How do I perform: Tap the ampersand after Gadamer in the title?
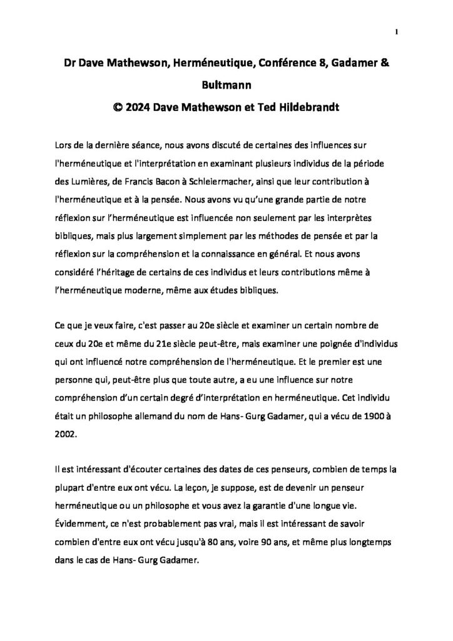click(x=384, y=63)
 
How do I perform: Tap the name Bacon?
click(x=166, y=181)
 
